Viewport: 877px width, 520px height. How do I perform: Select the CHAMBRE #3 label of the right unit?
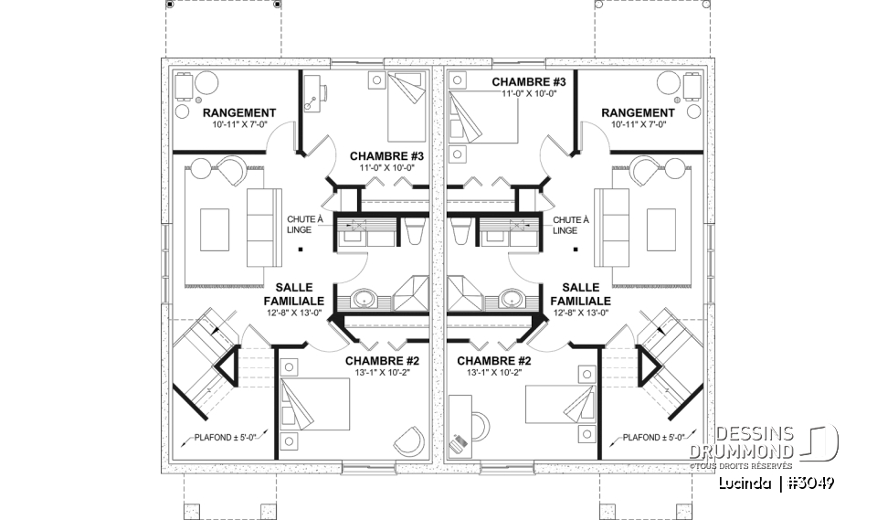tap(529, 82)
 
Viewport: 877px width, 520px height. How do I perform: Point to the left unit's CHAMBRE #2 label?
tap(382, 360)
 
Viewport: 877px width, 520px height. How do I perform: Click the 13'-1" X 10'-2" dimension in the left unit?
tap(382, 373)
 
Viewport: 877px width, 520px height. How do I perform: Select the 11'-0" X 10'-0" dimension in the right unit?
tap(529, 94)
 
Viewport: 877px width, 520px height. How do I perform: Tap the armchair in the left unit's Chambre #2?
tap(408, 440)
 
